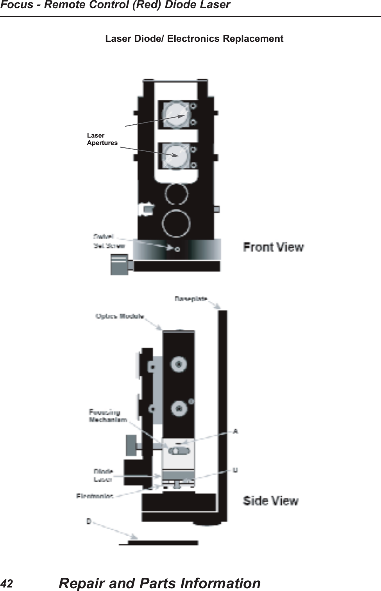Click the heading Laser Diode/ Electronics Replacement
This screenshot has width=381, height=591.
[194, 39]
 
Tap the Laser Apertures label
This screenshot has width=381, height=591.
[102, 139]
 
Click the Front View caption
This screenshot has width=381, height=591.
[273, 247]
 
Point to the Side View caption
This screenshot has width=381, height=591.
[270, 501]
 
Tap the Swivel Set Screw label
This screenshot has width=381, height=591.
[108, 241]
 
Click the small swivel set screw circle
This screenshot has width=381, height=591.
[177, 249]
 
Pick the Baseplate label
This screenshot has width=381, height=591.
[191, 299]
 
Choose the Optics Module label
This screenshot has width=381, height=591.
[120, 316]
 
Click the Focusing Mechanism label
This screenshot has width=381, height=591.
[107, 416]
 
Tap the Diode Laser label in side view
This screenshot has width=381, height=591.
[103, 475]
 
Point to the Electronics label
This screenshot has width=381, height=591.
[95, 496]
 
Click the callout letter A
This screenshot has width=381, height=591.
[236, 432]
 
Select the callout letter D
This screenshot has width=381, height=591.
[89, 521]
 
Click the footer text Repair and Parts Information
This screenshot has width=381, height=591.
[159, 583]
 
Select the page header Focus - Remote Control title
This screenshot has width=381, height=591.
[115, 5]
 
